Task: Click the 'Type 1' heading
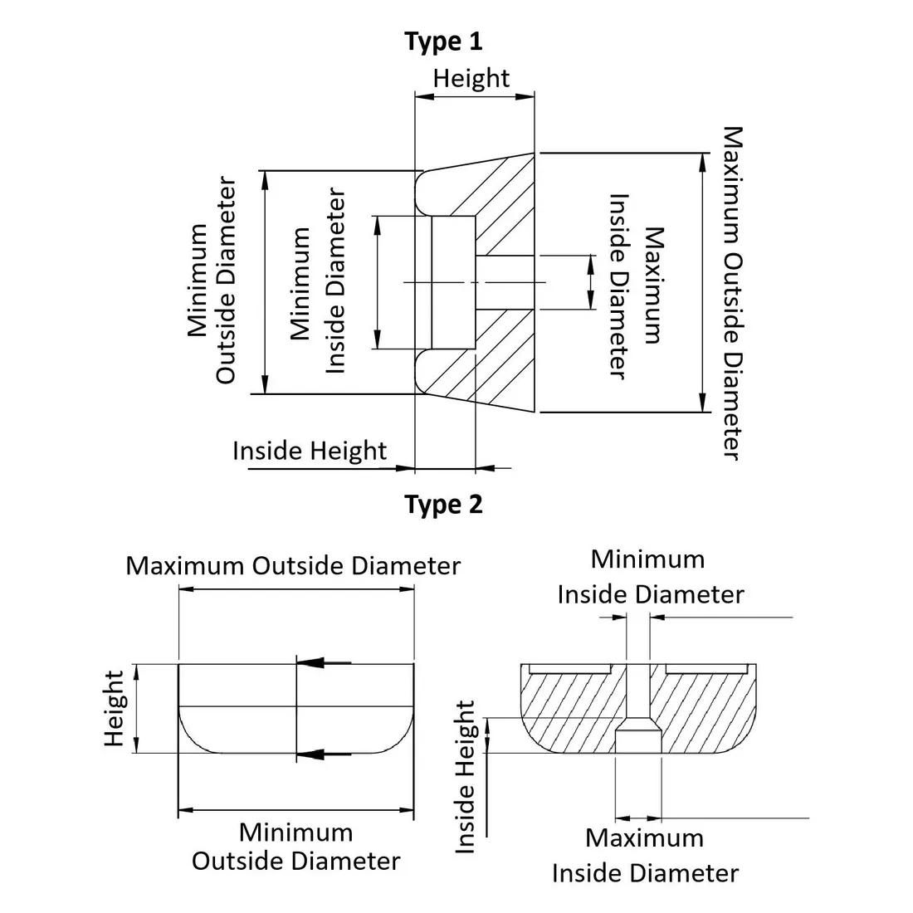[443, 41]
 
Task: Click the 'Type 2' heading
[443, 504]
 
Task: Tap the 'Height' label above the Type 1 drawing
[471, 78]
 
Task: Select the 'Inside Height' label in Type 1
[309, 451]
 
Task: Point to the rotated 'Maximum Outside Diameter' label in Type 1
[731, 292]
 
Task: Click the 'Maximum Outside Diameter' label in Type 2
[292, 566]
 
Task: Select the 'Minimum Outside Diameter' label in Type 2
[295, 846]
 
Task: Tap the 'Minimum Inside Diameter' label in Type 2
[649, 577]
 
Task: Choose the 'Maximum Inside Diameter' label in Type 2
[645, 855]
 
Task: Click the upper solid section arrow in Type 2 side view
[323, 662]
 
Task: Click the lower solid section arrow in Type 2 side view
[323, 754]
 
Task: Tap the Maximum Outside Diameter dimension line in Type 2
[295, 589]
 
